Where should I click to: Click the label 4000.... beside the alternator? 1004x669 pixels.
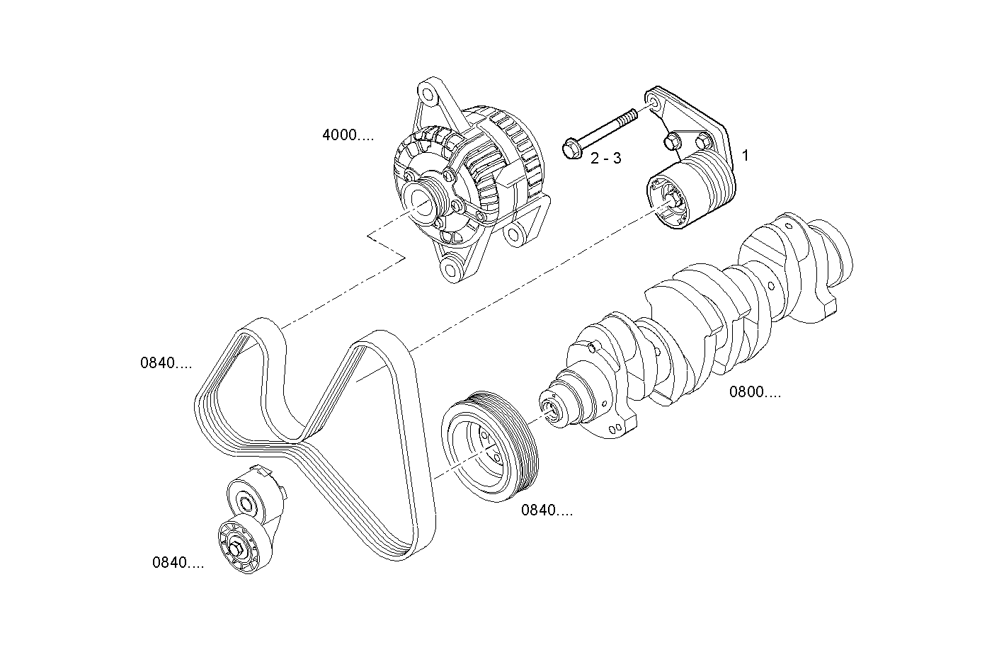(348, 135)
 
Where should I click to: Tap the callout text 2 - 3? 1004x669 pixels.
(605, 158)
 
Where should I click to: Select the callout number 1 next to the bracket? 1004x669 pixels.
(745, 155)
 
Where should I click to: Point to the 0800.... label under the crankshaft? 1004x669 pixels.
(755, 392)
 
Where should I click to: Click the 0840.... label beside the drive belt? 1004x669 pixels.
(166, 364)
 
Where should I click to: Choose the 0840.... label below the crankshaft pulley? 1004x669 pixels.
(547, 510)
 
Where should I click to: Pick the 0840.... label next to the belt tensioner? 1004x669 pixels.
(178, 563)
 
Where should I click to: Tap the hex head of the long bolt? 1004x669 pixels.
(571, 149)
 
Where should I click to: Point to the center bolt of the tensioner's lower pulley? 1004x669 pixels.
(236, 549)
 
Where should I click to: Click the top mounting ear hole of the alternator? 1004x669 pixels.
(427, 92)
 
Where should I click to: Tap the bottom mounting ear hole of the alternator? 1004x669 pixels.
(449, 269)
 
